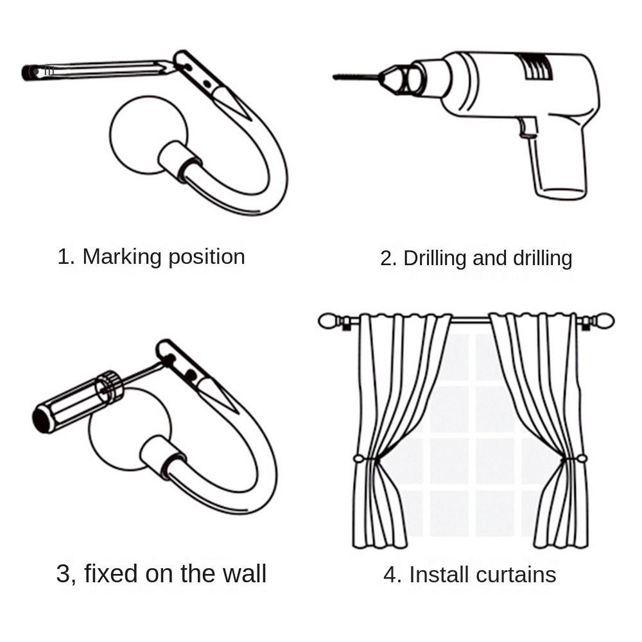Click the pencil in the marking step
click(96, 69)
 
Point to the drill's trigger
click(528, 127)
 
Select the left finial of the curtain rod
click(329, 321)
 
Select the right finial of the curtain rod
click(605, 320)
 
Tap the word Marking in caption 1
click(122, 257)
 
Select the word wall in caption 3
click(243, 573)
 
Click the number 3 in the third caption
click(64, 573)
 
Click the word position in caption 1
click(206, 257)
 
